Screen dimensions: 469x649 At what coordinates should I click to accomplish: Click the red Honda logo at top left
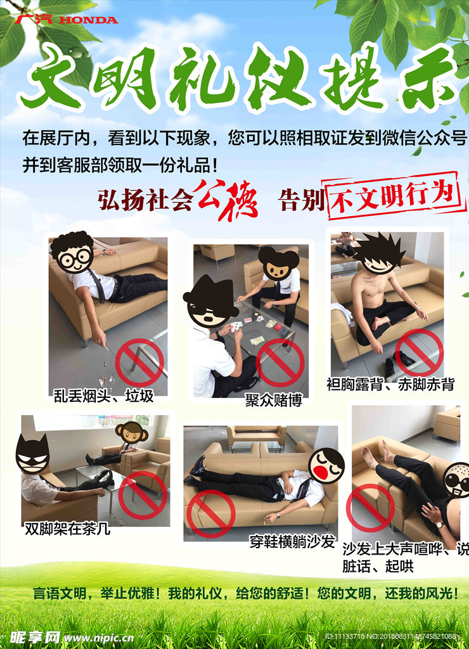click(67, 20)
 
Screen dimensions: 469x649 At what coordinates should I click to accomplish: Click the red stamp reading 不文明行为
click(393, 195)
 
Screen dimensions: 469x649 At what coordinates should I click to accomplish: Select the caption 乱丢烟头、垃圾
click(103, 396)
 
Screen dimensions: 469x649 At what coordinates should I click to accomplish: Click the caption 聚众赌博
click(274, 400)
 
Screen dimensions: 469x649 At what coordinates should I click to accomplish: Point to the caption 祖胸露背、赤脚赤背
click(390, 384)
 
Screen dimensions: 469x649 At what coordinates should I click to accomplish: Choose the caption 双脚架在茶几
click(67, 529)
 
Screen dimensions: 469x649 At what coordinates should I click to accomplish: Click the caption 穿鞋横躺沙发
click(292, 542)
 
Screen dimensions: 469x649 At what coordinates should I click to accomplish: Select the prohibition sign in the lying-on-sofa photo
click(211, 513)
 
